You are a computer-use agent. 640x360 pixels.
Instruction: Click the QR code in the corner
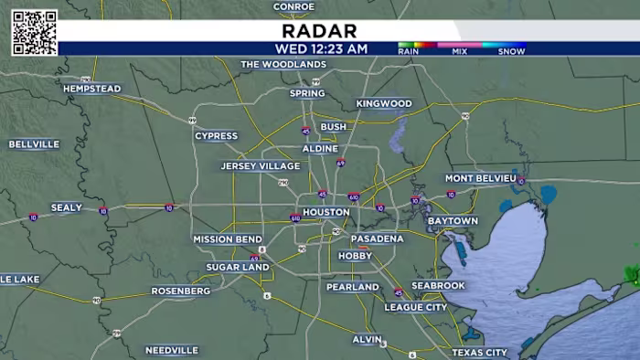pos(34,32)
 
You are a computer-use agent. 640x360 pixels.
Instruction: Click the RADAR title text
pos(320,31)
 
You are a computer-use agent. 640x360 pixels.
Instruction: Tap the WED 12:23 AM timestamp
pos(320,48)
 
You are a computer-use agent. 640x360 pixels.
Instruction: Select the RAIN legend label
pos(410,51)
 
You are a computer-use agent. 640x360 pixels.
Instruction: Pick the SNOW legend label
pos(511,51)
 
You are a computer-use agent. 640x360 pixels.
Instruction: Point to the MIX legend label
pos(460,51)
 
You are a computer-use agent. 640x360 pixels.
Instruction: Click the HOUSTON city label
pos(325,212)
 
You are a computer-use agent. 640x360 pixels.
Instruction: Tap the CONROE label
pos(293,6)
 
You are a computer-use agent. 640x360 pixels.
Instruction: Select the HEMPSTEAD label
pos(91,89)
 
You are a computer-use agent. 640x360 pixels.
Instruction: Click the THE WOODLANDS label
pos(283,65)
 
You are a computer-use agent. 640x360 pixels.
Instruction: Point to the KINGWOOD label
pos(384,104)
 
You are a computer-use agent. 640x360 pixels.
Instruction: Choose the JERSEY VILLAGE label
pos(261,166)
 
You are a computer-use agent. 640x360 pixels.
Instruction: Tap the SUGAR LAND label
pos(237,267)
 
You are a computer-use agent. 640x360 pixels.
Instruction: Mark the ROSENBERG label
pos(181,291)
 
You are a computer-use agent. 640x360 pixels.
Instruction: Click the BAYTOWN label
pos(453,221)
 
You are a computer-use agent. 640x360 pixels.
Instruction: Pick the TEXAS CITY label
pos(479,352)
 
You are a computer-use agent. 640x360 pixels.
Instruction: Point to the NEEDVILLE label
pos(172,350)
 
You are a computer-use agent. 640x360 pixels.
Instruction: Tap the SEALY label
pos(67,207)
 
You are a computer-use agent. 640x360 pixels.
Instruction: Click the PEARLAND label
pos(353,287)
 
